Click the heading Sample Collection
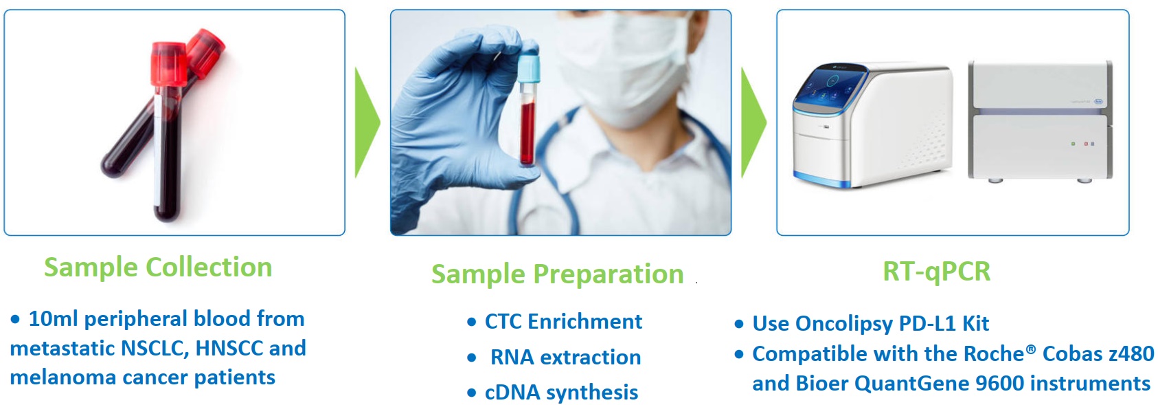158,267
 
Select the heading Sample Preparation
557,274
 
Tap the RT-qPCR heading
936,272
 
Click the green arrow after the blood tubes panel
367,123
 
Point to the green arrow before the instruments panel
753,123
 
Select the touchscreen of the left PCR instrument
830,85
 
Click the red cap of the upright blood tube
168,64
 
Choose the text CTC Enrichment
563,322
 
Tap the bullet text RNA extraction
565,358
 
